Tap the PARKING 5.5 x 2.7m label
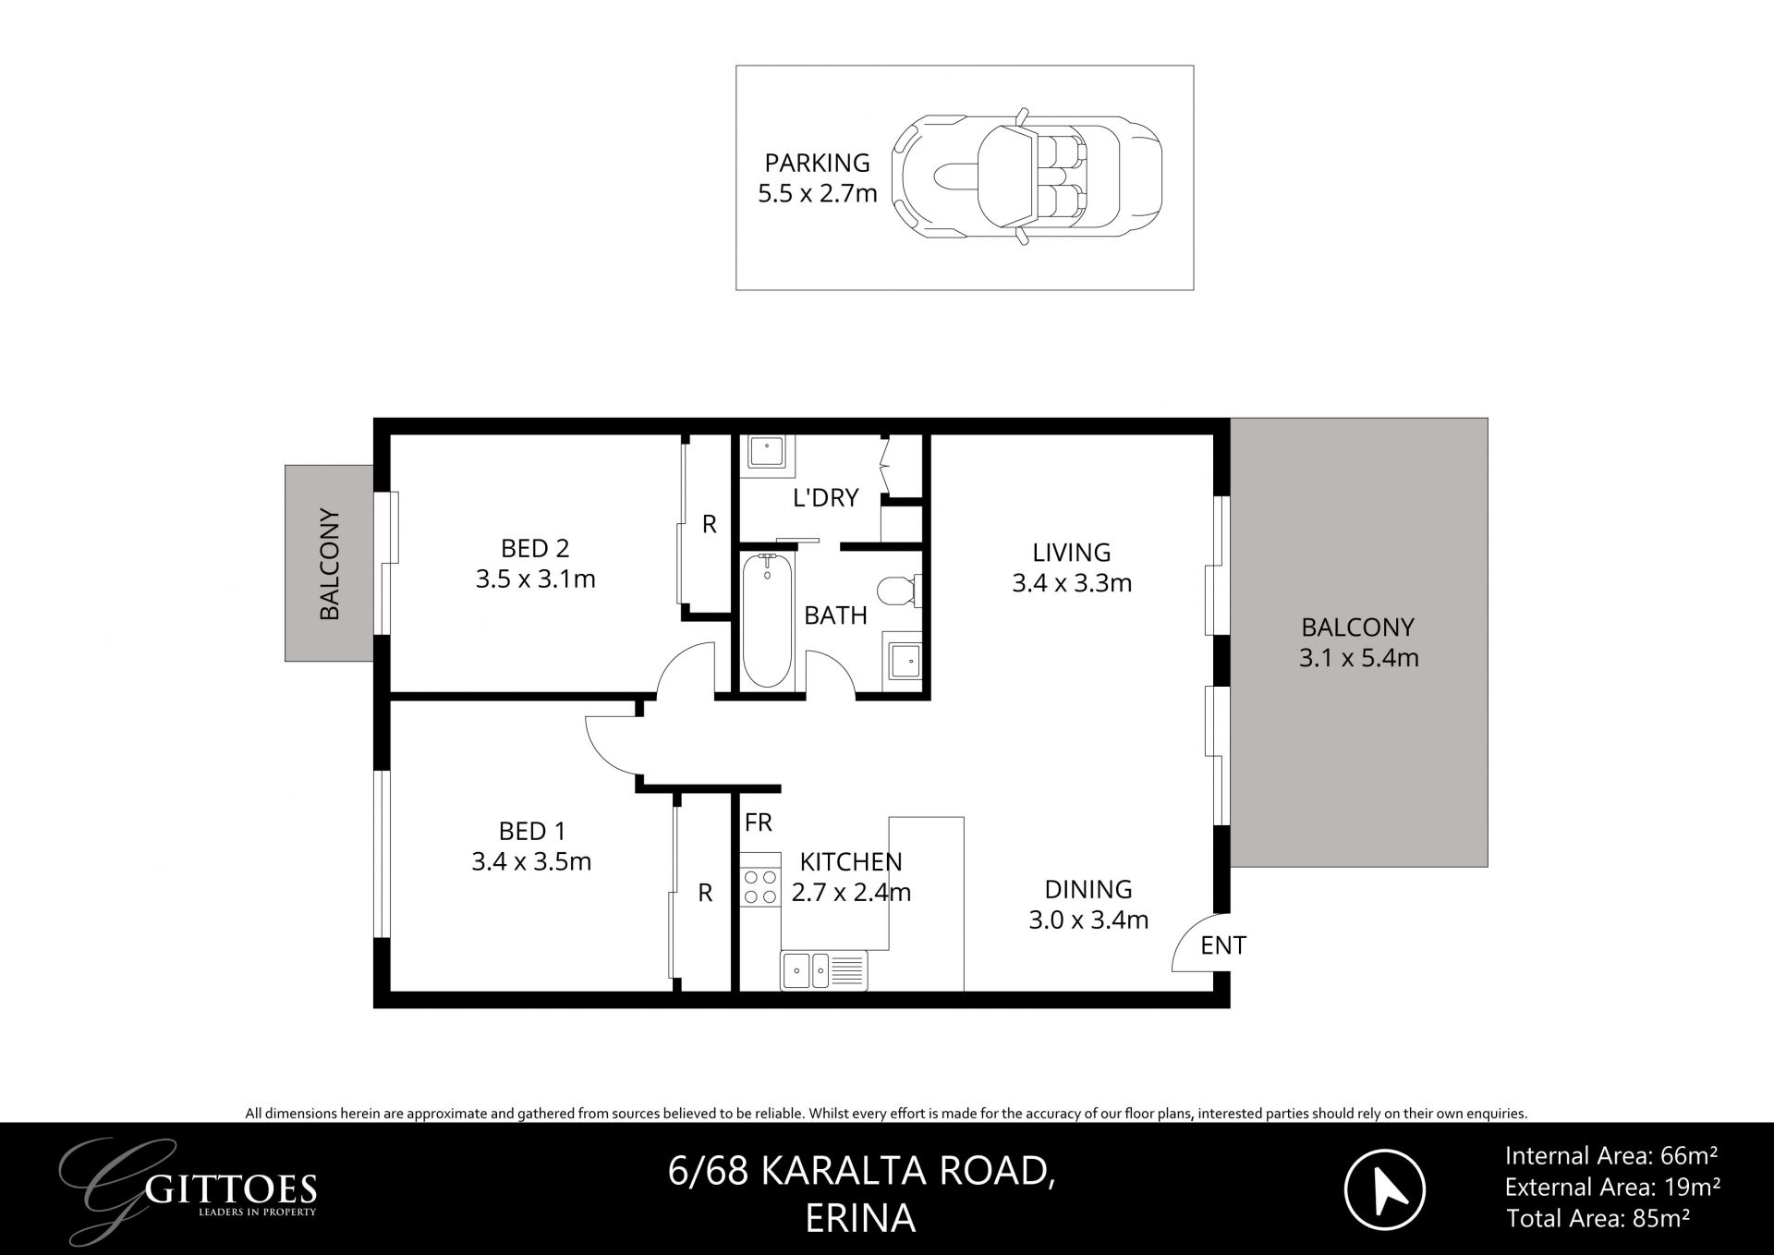817,178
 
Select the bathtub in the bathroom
768,620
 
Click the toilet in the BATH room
898,591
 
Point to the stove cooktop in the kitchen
759,886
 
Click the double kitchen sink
823,969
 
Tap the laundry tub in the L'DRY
766,453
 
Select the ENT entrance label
1223,945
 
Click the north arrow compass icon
1384,1188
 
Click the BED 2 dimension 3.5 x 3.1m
535,579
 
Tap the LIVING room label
1072,553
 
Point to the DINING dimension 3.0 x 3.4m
1087,920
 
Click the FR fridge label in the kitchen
759,822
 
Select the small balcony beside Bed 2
328,563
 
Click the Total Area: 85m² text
1598,1219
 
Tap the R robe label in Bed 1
705,893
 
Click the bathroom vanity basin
904,660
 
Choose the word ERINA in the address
860,1219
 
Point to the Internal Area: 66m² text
1610,1155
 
